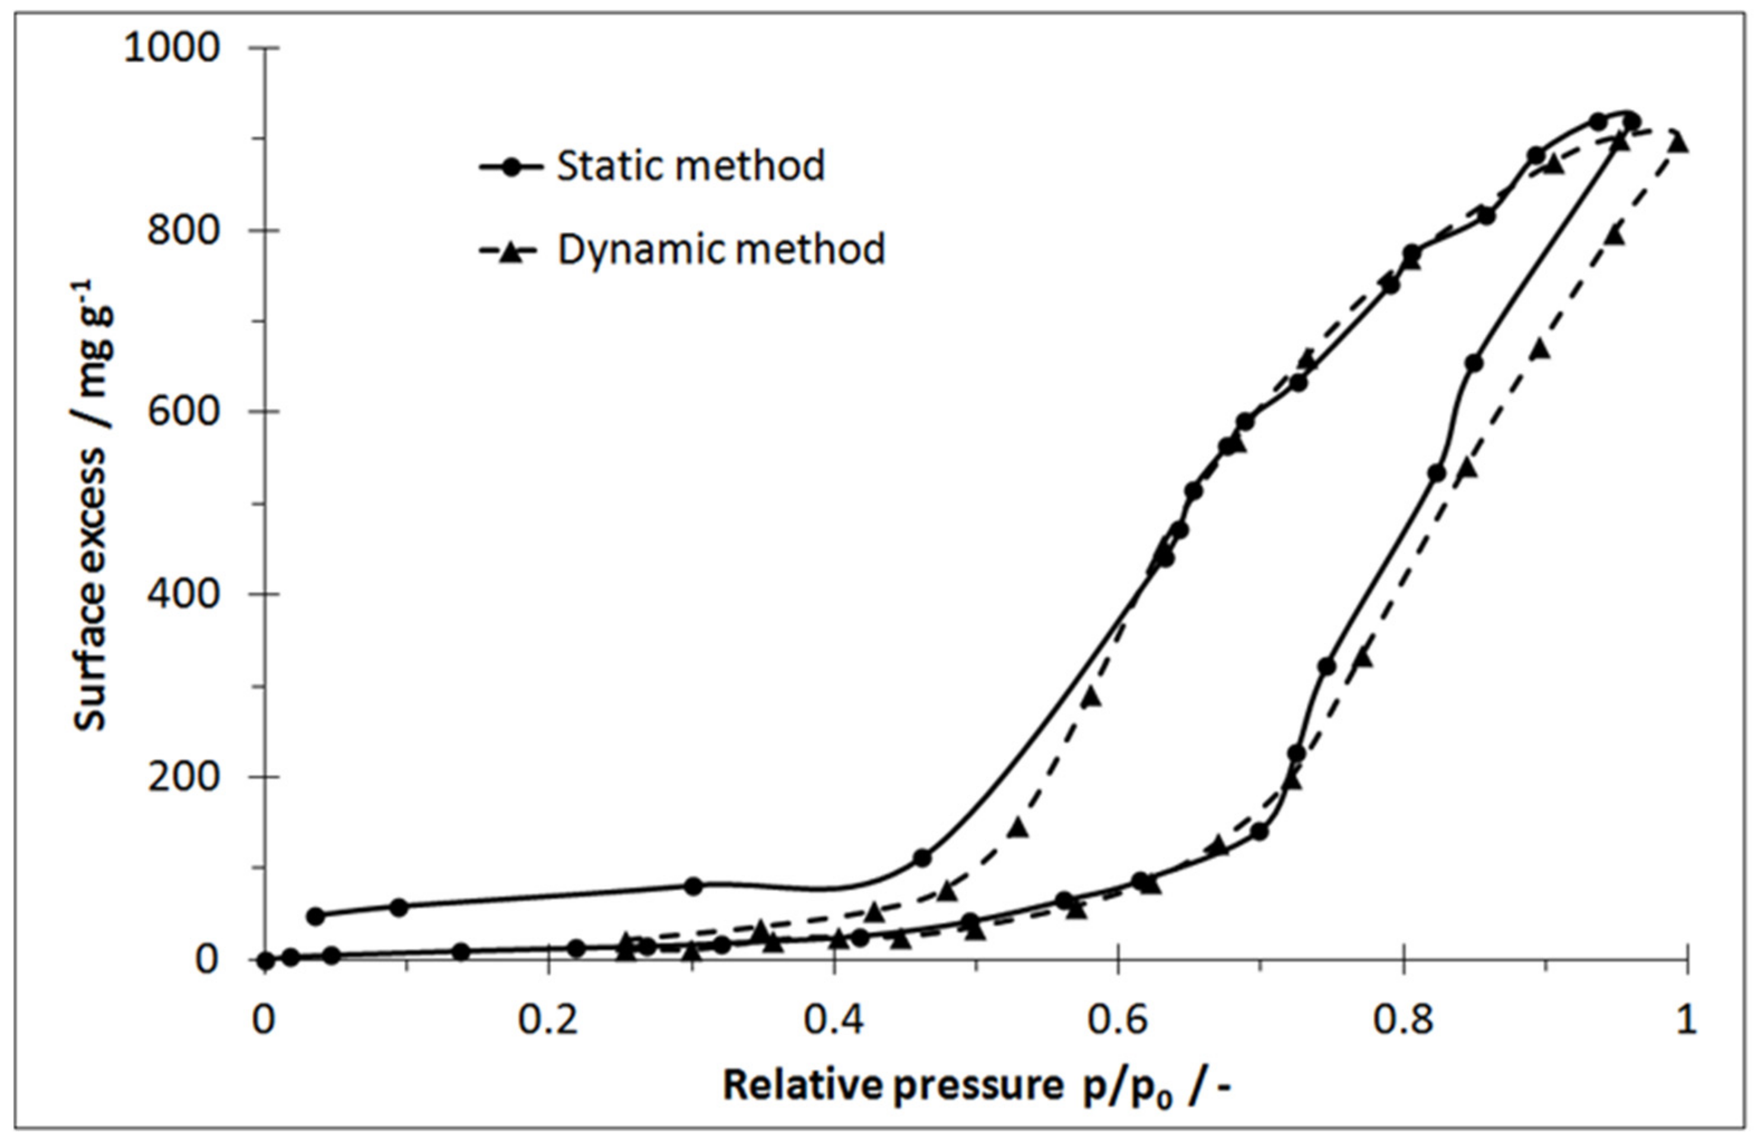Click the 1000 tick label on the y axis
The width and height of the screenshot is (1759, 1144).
(172, 49)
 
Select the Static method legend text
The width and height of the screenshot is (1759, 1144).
(690, 166)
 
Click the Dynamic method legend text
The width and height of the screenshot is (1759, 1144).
(720, 250)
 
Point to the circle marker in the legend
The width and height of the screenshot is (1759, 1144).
(511, 167)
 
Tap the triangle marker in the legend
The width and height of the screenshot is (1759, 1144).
(511, 251)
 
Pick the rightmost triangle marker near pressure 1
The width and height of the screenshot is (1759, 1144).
(1679, 142)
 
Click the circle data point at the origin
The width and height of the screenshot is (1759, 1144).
(266, 961)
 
